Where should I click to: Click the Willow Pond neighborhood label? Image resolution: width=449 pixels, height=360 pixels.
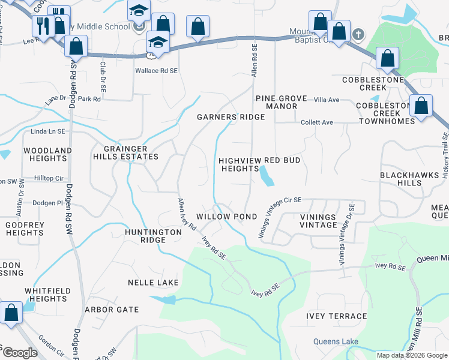(x=227, y=216)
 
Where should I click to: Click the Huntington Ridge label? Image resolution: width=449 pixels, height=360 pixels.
(x=153, y=236)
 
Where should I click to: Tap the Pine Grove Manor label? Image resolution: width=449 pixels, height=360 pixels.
(x=282, y=102)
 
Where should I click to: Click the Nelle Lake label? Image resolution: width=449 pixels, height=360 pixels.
(x=150, y=282)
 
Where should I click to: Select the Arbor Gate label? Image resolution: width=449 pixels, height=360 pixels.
(x=112, y=310)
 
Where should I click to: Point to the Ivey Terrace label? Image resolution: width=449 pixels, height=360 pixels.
(x=336, y=316)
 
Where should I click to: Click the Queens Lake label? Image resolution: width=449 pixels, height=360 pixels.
(x=336, y=342)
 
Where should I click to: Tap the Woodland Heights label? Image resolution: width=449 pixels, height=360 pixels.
(x=47, y=154)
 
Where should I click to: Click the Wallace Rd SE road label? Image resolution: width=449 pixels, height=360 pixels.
(x=156, y=71)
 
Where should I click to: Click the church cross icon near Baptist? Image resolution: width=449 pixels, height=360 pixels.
(x=358, y=34)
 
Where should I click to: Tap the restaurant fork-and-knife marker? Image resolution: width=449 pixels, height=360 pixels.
(x=43, y=26)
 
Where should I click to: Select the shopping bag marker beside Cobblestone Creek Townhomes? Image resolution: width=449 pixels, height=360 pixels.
(x=421, y=106)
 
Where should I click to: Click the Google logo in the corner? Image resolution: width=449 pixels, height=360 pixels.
(x=19, y=353)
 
